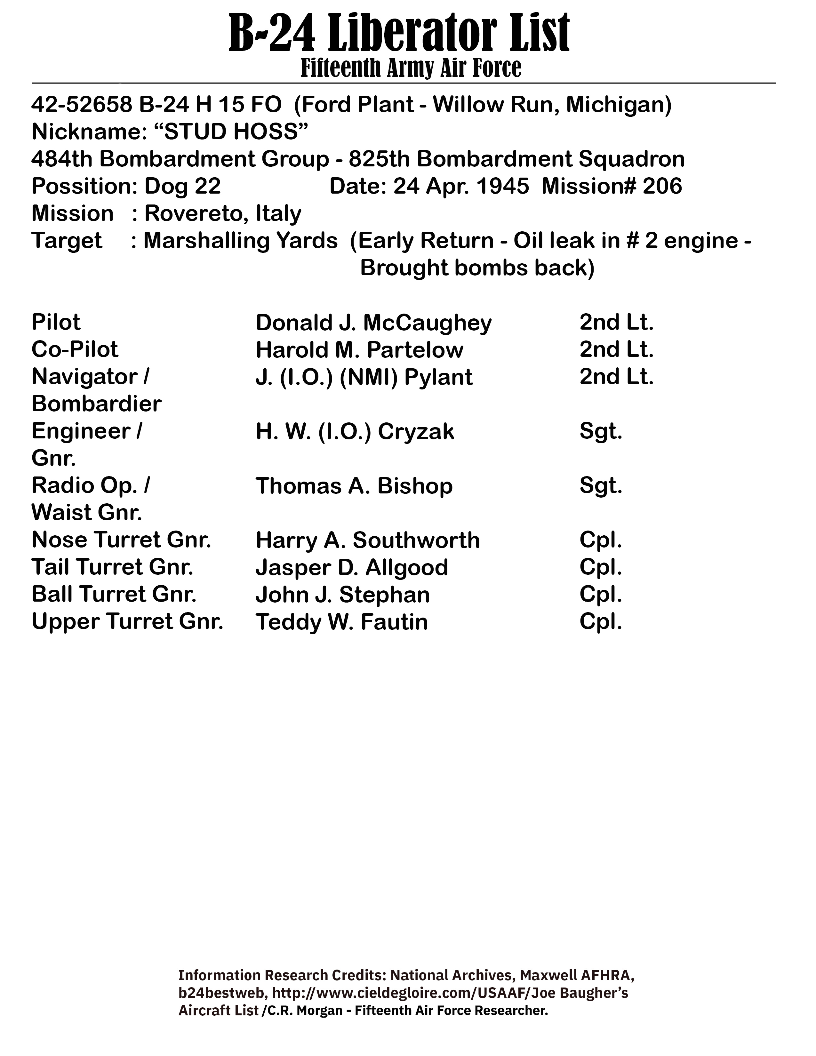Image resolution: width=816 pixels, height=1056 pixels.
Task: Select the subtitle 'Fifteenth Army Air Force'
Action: point(411,68)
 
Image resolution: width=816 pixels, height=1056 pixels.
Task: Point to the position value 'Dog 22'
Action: point(182,186)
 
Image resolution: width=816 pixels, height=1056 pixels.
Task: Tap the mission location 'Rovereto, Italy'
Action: point(223,213)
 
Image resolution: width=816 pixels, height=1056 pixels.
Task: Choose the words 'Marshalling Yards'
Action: point(240,241)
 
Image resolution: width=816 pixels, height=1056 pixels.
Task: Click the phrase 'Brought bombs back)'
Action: point(477,268)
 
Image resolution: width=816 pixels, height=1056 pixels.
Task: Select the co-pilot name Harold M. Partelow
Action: point(359,349)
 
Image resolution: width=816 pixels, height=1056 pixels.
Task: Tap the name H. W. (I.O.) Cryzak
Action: point(355,431)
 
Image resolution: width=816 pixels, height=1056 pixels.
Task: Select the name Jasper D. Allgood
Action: point(351,567)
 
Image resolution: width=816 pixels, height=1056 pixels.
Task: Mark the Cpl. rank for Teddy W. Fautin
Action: point(600,622)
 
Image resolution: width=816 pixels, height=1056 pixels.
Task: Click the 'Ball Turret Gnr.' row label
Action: point(114,594)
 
